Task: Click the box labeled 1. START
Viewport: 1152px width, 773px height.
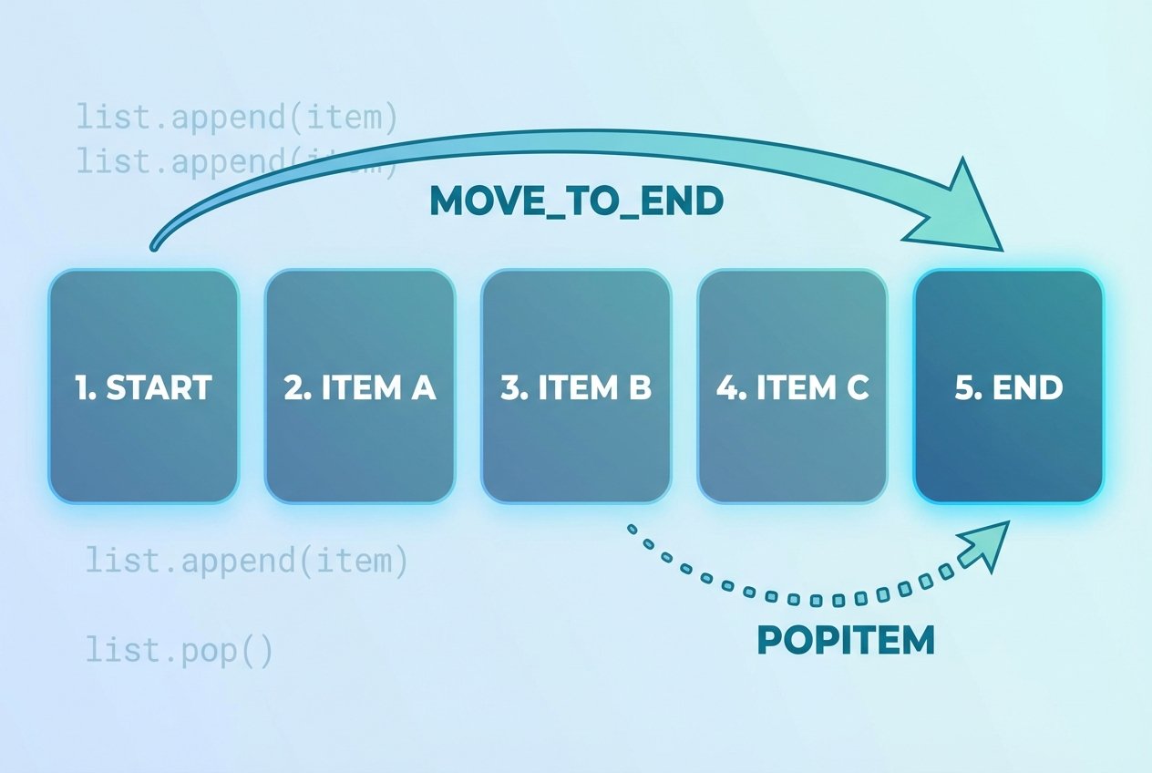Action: pos(143,386)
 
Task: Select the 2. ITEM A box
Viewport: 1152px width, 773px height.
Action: pos(359,386)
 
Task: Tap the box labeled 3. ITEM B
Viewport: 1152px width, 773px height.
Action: pos(576,386)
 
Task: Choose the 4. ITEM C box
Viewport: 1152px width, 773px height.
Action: pos(792,386)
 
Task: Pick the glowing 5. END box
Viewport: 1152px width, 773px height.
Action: pos(1008,386)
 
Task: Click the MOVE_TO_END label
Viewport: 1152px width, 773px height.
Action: pos(576,202)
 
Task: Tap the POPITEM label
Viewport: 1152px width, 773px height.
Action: pos(846,641)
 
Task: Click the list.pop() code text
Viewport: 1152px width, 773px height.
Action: pos(180,652)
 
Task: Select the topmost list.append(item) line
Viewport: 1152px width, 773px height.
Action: pos(237,118)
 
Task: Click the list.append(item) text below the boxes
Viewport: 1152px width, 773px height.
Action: pos(247,560)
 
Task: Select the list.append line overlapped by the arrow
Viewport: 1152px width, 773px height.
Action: pos(237,161)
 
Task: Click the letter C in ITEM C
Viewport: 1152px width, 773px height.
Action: pos(856,388)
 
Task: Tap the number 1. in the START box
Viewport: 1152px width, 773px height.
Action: pos(85,388)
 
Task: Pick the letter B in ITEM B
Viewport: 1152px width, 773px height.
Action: pos(640,388)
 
